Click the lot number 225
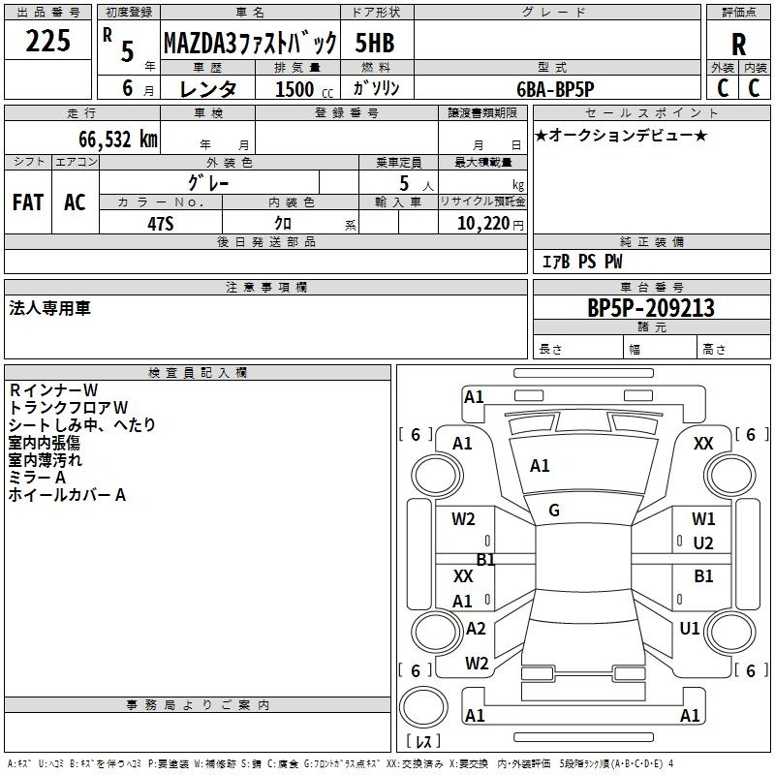(47, 41)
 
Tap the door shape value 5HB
(375, 43)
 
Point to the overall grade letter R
(738, 45)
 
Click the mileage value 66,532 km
(118, 139)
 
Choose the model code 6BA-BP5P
(555, 89)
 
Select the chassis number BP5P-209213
(651, 307)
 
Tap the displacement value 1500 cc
(304, 89)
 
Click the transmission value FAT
(28, 202)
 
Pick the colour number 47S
(161, 224)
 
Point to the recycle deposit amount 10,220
(483, 224)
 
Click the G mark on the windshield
(554, 511)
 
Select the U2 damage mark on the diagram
(703, 543)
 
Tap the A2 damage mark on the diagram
(476, 628)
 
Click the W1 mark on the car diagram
(703, 519)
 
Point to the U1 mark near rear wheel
(690, 628)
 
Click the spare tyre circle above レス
(423, 707)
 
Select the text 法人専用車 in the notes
(50, 308)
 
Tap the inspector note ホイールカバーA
(67, 495)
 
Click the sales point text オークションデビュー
(621, 135)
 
